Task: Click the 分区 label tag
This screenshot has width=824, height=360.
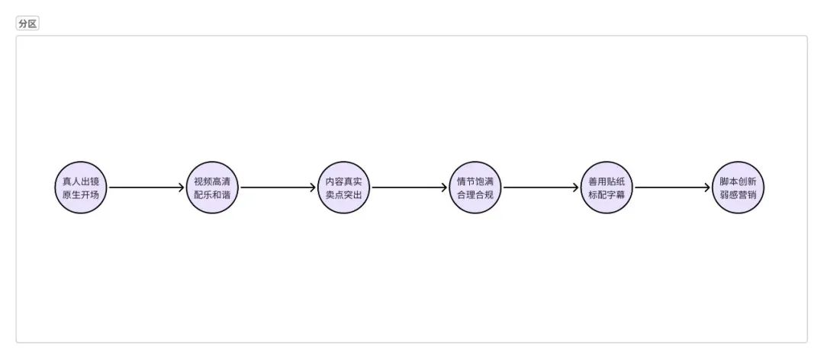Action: click(x=27, y=24)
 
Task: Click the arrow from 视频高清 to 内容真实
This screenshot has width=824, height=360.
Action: click(x=278, y=188)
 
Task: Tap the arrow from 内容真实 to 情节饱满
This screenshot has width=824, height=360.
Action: click(x=409, y=188)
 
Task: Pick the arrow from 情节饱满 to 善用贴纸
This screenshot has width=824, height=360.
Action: click(x=540, y=188)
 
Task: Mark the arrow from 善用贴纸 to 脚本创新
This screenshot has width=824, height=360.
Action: click(x=671, y=188)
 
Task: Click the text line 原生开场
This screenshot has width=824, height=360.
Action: click(x=81, y=194)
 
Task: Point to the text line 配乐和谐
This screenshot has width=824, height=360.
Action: click(x=212, y=194)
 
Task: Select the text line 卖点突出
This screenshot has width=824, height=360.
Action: click(x=343, y=194)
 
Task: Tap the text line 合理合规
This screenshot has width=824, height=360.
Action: click(x=475, y=194)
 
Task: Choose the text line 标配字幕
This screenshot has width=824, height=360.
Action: click(x=607, y=194)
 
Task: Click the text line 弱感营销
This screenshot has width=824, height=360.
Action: click(x=738, y=194)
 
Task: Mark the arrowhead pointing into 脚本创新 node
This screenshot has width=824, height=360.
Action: click(x=707, y=188)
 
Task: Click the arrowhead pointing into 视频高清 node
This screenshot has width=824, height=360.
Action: click(x=182, y=188)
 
